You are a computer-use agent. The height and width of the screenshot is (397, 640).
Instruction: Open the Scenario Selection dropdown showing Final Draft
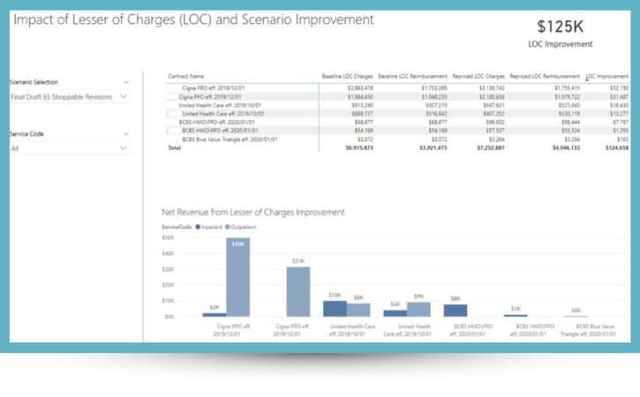(x=68, y=97)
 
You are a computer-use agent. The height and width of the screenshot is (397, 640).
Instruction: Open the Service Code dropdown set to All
(x=68, y=149)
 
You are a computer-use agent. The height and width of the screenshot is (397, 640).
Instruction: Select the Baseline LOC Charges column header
(x=347, y=77)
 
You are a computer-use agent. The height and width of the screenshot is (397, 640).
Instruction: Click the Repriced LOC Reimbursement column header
(x=545, y=77)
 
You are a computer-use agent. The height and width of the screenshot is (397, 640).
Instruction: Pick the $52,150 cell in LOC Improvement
(x=618, y=88)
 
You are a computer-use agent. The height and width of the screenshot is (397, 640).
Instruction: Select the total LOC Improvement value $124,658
(x=616, y=148)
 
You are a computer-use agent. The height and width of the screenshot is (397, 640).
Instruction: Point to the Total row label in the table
(x=174, y=148)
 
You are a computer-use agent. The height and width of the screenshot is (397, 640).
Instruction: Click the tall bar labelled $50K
(x=237, y=277)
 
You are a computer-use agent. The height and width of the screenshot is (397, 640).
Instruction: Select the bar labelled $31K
(x=297, y=291)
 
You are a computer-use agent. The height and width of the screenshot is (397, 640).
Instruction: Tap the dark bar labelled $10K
(x=334, y=308)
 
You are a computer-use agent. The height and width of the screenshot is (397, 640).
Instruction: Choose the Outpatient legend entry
(x=242, y=227)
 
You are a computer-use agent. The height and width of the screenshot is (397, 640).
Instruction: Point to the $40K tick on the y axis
(x=168, y=253)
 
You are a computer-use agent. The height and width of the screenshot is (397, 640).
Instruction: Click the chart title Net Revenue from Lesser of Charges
(x=252, y=213)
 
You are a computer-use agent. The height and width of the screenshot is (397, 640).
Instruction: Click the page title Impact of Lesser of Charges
(x=193, y=19)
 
